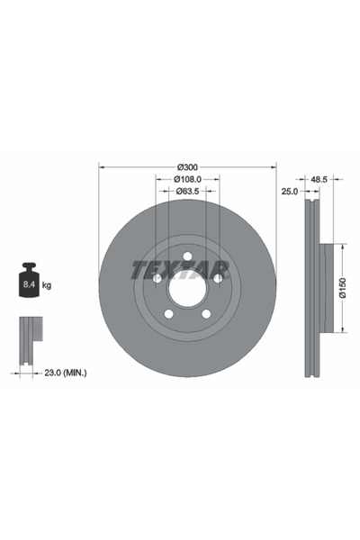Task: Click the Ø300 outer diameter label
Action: (x=187, y=167)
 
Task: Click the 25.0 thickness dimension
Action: (x=289, y=191)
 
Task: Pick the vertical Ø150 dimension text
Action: (x=343, y=288)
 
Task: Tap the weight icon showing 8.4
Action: (x=27, y=283)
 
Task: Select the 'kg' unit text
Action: (x=46, y=285)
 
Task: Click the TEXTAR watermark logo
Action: (x=181, y=269)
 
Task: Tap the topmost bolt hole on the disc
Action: (x=187, y=258)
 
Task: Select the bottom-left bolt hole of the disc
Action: (x=168, y=314)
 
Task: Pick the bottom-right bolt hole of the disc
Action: (x=206, y=314)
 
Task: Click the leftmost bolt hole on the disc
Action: (x=157, y=280)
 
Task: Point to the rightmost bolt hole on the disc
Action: (x=217, y=280)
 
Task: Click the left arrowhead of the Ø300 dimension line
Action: (x=101, y=167)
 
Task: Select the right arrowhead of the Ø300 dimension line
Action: (x=274, y=167)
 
